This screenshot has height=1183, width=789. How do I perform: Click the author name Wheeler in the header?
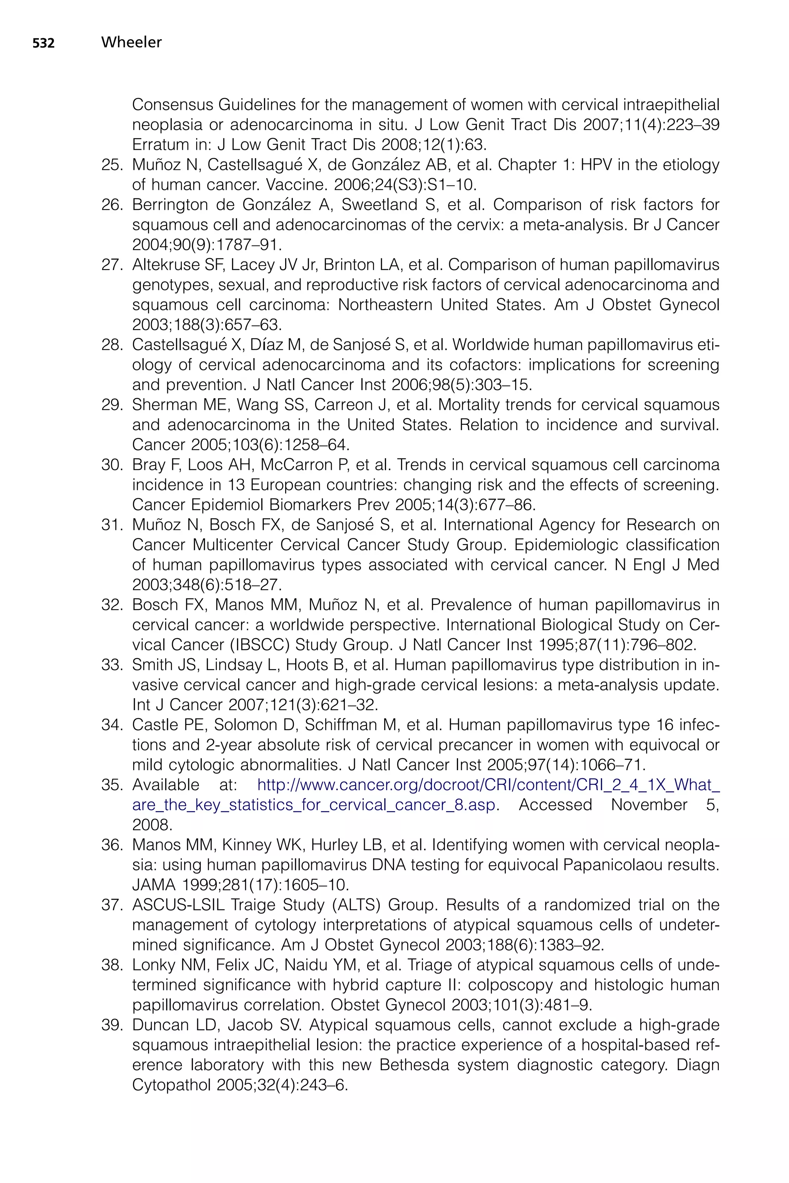[x=131, y=43]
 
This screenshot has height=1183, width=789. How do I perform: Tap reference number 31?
[x=112, y=525]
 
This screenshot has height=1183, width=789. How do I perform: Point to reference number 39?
[x=112, y=1025]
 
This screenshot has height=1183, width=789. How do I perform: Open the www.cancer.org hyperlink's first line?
[x=488, y=785]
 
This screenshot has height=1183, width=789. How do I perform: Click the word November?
[x=649, y=805]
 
